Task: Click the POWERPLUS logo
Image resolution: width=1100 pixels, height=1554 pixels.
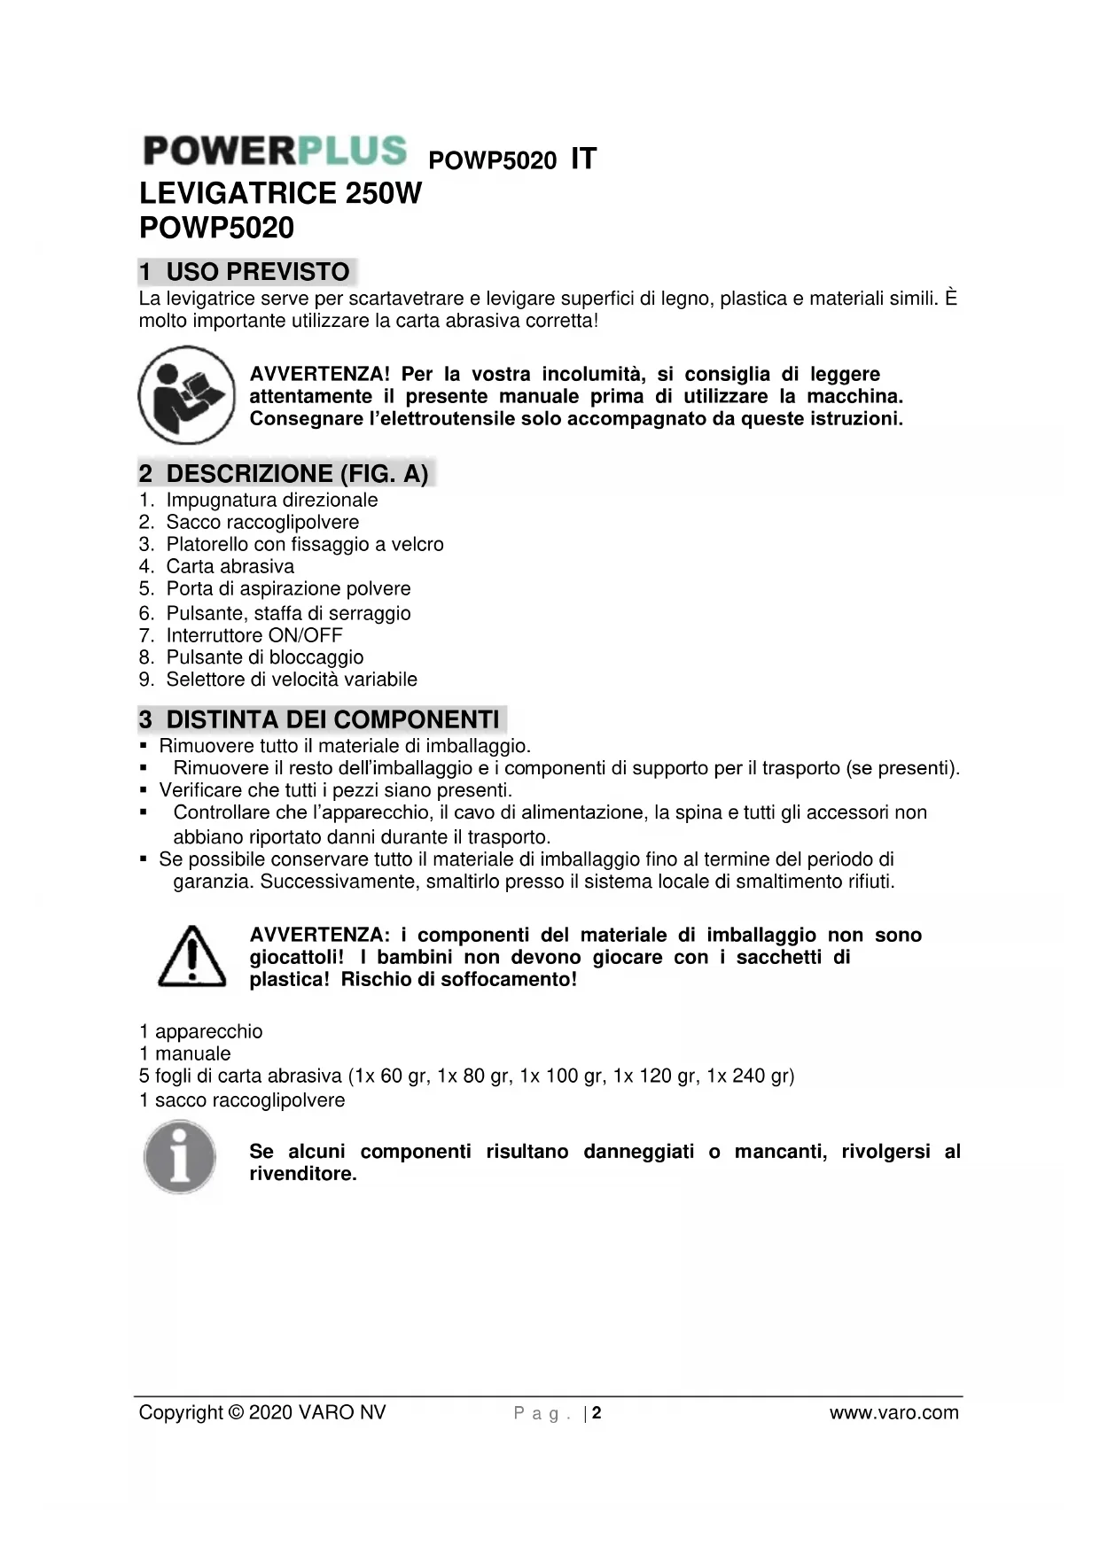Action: [x=275, y=151]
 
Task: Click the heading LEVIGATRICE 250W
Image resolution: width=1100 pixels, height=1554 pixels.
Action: [x=280, y=193]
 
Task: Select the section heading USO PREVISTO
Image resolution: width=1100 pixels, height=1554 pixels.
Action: [x=258, y=272]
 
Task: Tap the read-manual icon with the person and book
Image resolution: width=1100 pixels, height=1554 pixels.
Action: [x=186, y=395]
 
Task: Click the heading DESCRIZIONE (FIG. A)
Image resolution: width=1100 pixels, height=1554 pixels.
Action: [x=297, y=474]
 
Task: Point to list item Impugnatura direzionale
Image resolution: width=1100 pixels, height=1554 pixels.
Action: [x=271, y=500]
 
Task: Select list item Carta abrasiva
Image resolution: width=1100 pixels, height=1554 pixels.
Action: [x=230, y=566]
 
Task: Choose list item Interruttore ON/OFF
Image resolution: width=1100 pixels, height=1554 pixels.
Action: [x=254, y=635]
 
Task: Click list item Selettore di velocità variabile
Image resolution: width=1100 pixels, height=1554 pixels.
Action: [x=292, y=680]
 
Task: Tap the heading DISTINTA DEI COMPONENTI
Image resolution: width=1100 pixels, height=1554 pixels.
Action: [x=332, y=719]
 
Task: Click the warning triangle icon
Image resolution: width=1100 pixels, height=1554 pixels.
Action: [x=191, y=957]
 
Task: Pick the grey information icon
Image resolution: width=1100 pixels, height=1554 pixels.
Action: [x=180, y=1157]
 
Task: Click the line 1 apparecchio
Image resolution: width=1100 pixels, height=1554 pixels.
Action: [x=201, y=1031]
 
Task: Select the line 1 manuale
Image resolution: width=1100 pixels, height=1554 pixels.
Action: [x=185, y=1053]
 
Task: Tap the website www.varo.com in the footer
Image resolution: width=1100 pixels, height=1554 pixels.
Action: [x=893, y=1412]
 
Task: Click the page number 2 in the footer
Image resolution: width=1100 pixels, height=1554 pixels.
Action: [x=597, y=1412]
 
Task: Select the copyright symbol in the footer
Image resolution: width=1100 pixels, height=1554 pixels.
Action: [x=236, y=1412]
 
